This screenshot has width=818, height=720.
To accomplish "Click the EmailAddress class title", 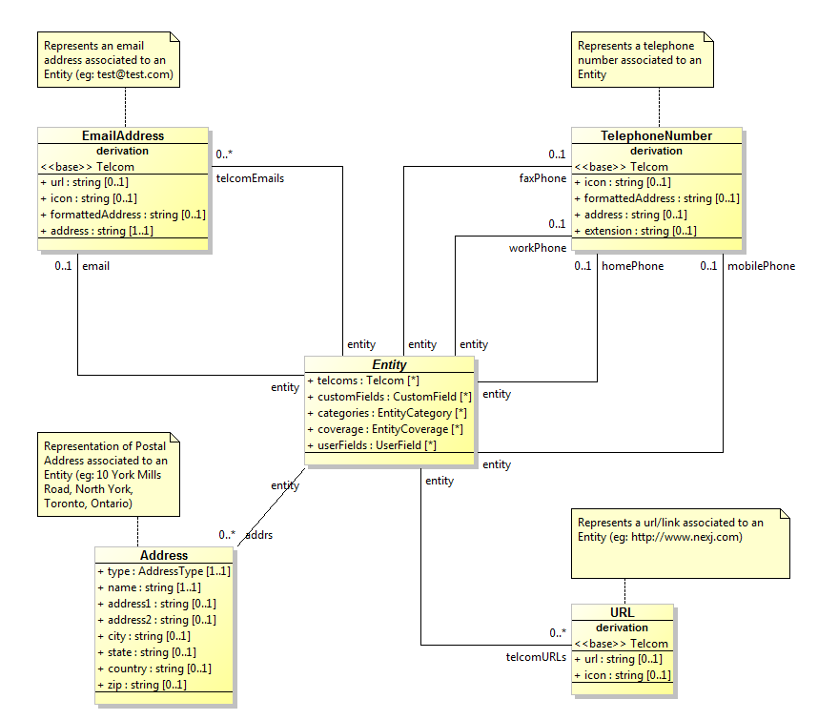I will [x=123, y=136].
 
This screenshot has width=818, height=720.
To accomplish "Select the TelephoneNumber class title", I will [x=656, y=136].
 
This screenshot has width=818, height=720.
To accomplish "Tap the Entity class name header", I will [x=389, y=364].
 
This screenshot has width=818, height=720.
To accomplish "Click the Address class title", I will [x=164, y=555].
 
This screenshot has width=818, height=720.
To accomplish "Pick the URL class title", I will [x=622, y=612].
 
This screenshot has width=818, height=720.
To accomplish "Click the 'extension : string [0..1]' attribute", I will [x=640, y=231].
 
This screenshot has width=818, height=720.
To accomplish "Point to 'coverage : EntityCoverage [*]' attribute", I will [x=390, y=429].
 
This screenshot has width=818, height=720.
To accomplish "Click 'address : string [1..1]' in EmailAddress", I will [x=100, y=231].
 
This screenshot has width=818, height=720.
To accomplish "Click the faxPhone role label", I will [x=542, y=177].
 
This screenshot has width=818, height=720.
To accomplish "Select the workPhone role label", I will [x=537, y=248].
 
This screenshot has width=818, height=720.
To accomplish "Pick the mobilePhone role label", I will [x=761, y=266].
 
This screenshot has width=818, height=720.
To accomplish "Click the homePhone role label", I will [x=632, y=266].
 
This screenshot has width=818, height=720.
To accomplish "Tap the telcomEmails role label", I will [x=250, y=177].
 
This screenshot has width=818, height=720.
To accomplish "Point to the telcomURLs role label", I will [x=536, y=657].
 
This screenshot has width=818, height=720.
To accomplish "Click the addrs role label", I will [x=258, y=535].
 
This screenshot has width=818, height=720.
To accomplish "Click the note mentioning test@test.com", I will [x=108, y=60].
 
